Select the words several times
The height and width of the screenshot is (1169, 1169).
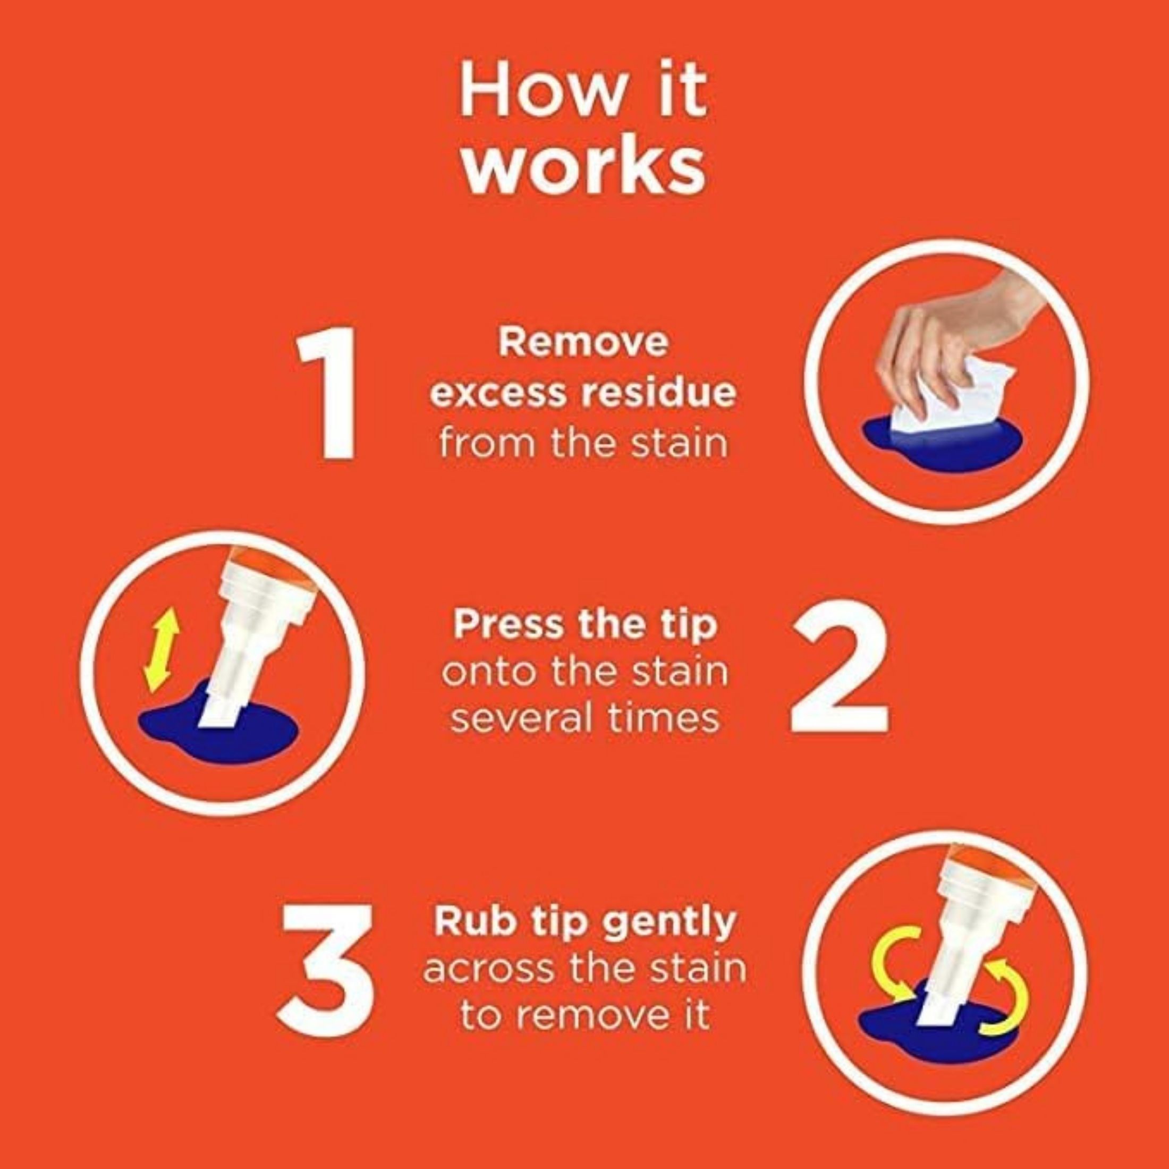(586, 719)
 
